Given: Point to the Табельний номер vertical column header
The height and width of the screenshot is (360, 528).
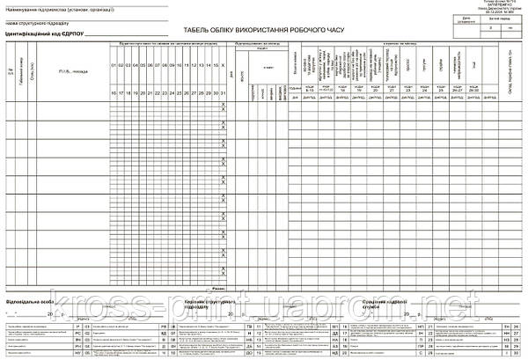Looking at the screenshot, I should [x=22, y=70].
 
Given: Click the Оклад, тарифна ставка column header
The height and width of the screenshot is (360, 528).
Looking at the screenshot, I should [x=510, y=70].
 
